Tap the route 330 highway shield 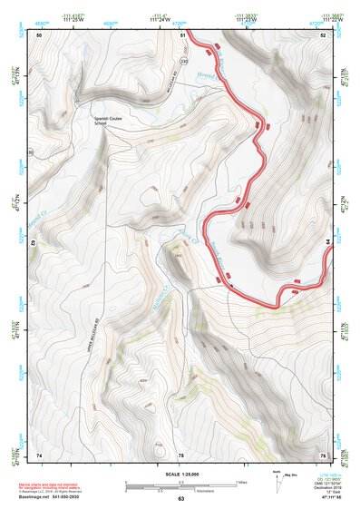tap(184, 61)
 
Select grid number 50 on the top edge tap(40, 34)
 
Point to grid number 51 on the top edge tap(182, 34)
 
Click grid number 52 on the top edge tap(323, 34)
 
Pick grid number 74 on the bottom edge tap(39, 455)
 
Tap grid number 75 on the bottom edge tap(180, 455)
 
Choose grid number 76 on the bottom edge tap(322, 455)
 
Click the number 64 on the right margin tap(328, 241)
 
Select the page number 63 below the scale tap(180, 499)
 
